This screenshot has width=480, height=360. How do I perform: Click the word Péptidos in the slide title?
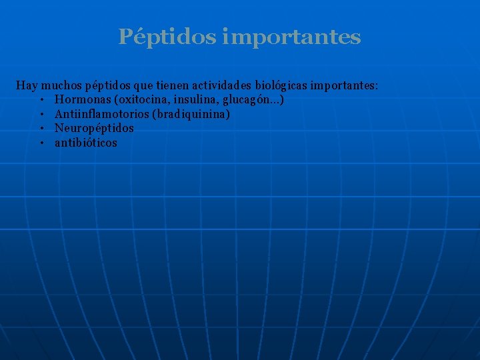pos(167,37)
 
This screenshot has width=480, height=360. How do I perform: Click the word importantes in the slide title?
pos(291,37)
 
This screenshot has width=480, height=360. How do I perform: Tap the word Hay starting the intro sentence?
pos(27,85)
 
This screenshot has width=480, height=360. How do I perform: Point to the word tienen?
pos(171,85)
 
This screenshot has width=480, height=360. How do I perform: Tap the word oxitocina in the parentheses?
pos(141,99)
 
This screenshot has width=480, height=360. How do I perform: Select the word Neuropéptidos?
pos(94,128)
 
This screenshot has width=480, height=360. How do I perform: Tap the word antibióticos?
pos(85,143)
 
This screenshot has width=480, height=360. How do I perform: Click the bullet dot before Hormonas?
pos(41,100)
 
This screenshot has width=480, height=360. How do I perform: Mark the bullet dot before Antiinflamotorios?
pos(41,115)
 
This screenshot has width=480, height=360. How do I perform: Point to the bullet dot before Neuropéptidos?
pos(41,129)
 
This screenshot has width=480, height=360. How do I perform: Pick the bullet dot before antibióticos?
pos(41,143)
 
